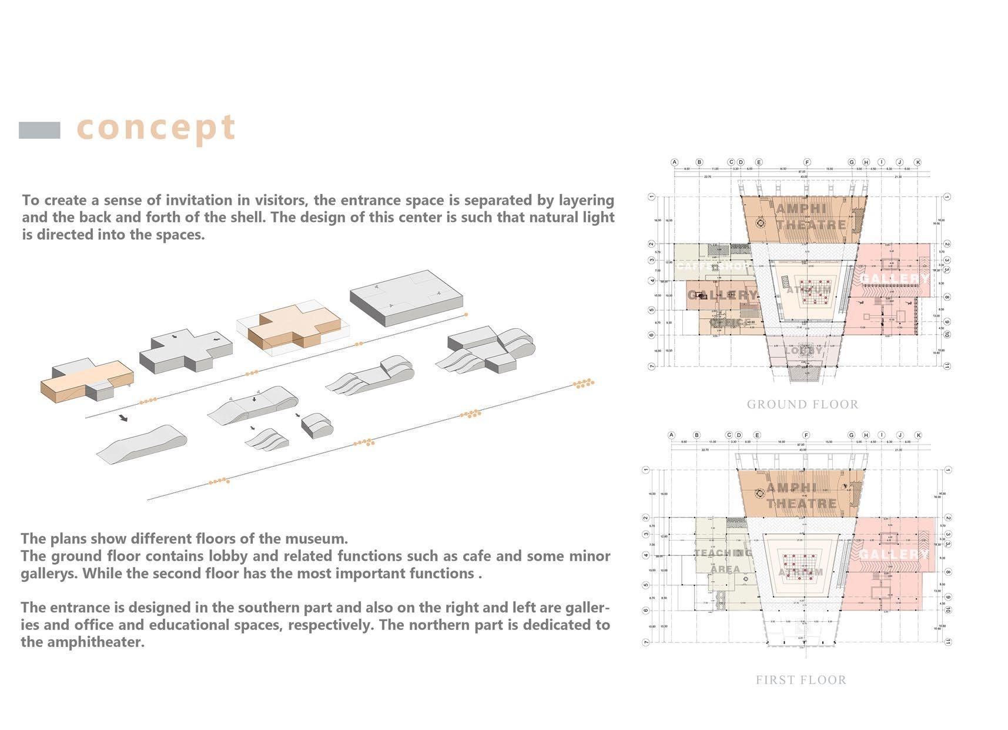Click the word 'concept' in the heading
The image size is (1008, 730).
coord(156,128)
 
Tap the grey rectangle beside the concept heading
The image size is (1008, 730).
coord(39,130)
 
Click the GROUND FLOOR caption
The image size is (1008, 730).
coord(802,405)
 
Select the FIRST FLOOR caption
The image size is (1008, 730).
coord(801,680)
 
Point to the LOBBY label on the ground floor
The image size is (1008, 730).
coord(803,351)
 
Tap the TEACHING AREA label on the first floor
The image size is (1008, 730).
coord(724,561)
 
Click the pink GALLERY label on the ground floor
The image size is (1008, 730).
coord(895,278)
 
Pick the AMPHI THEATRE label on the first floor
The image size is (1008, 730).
coord(801,495)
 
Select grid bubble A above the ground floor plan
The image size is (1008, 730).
coord(674,162)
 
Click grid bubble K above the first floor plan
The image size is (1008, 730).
coord(918,435)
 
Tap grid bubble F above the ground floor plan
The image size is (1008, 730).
coord(807,162)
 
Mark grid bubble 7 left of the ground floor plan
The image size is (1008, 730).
coord(651,366)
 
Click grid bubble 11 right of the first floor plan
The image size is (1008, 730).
coord(947,642)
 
